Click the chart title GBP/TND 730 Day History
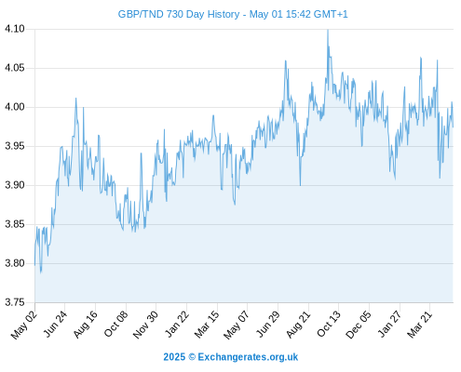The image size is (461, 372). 179,14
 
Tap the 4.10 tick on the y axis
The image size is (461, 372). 15,29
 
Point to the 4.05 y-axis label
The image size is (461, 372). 15,68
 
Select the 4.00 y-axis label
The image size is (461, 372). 15,107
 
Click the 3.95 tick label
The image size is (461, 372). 15,146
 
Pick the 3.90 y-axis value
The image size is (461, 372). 15,185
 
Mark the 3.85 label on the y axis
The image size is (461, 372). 15,224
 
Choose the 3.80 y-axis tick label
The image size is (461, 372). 15,263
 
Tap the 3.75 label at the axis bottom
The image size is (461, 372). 15,302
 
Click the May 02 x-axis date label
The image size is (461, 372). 24,325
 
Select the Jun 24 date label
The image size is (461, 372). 55,325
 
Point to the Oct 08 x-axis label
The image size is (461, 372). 115,325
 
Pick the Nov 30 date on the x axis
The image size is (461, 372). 145,325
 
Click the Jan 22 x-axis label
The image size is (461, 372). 176,325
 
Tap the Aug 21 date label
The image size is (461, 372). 298,325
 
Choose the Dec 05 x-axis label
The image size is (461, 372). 359,325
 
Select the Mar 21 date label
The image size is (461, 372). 419,325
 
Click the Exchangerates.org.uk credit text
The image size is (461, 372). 248,357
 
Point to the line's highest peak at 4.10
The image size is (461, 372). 328,30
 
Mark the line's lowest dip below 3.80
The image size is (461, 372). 41,272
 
